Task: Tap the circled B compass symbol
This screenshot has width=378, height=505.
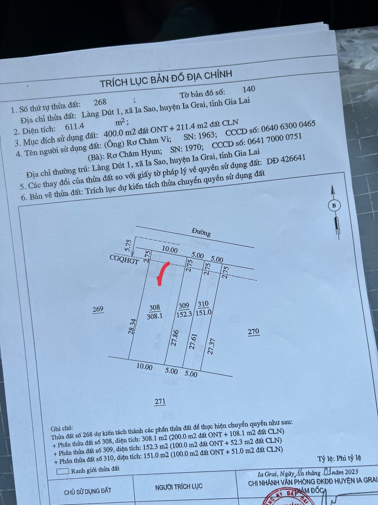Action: coord(334,206)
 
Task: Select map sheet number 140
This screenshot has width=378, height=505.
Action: coord(249,89)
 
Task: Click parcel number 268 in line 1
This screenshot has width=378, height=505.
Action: coord(100,102)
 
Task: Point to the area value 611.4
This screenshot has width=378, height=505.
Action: coord(74,126)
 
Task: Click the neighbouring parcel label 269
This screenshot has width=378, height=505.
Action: coord(98,309)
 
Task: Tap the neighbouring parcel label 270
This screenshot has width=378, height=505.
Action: coord(254,331)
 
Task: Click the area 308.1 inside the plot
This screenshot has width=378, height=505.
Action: coord(154,316)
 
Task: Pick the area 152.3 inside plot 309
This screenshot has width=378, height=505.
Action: coord(184,314)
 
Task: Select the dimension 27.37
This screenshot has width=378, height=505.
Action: coord(211,346)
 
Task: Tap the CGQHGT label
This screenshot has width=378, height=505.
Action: coord(124,260)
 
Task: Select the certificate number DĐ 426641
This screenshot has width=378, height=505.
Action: coord(286,159)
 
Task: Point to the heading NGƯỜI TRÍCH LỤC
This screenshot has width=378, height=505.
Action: coord(179,486)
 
